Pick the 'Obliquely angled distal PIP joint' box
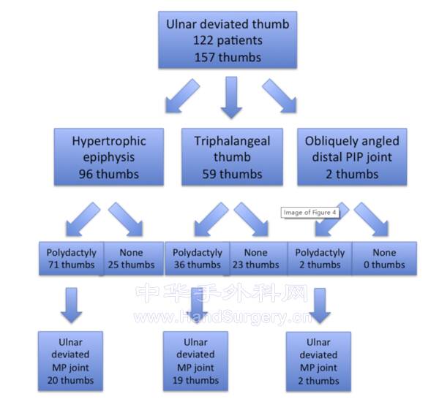tap(348, 157)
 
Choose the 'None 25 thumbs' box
tap(132, 258)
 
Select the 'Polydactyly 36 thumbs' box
tap(198, 258)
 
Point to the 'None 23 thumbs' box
tap(258, 258)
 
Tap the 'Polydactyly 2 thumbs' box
tap(318, 258)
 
